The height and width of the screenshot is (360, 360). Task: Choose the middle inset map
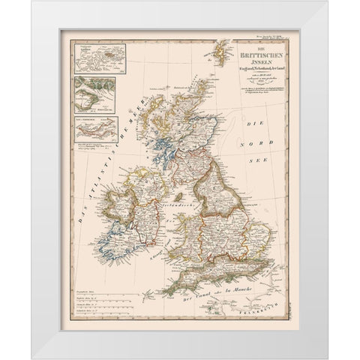pos(94,94)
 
